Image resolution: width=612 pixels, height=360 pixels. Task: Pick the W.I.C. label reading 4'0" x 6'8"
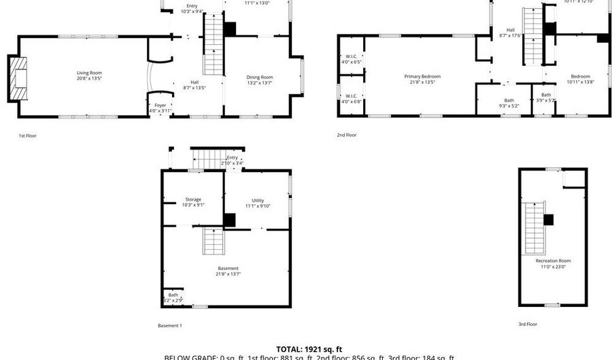click(x=351, y=99)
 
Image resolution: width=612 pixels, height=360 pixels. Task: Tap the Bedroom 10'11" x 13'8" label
click(x=580, y=79)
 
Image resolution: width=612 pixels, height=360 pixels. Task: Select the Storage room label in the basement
click(x=193, y=202)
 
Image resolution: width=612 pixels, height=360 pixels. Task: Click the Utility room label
click(x=258, y=203)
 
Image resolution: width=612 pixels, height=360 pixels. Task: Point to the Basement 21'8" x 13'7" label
click(x=228, y=271)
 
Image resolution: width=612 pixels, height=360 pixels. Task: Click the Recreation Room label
click(x=553, y=263)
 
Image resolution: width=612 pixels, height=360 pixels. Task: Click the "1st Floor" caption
click(x=27, y=135)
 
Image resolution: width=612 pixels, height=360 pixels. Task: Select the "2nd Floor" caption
click(x=346, y=135)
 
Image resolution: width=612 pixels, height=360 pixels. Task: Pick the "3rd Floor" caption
click(x=528, y=325)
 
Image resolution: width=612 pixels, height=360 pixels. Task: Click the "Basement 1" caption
click(x=170, y=325)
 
